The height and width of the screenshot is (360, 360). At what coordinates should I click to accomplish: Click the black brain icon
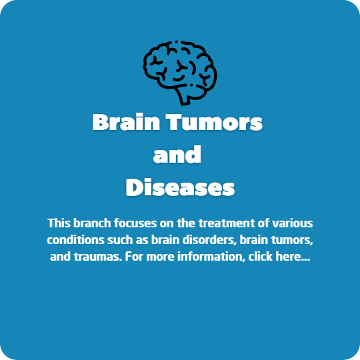coord(180,73)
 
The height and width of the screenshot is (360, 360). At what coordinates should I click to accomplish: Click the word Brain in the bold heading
coord(126,122)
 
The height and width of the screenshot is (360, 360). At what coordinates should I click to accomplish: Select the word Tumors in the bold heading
coord(214,123)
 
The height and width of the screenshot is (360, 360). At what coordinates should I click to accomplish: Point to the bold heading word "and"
coord(177,154)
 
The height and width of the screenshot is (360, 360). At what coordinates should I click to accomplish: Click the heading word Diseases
coord(180,187)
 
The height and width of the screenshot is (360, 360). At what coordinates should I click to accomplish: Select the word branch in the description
coord(92,223)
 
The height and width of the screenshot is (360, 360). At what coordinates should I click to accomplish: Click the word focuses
coord(135,223)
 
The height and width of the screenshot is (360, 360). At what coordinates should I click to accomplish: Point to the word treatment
coord(227,223)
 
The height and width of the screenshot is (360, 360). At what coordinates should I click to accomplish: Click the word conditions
coord(75,240)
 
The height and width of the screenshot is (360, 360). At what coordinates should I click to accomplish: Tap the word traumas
coord(98,257)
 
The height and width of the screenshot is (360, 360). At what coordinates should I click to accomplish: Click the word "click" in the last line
coord(261,257)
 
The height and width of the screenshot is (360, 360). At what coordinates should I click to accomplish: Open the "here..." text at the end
coord(293,257)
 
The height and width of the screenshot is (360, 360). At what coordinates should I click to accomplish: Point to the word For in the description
coord(134,257)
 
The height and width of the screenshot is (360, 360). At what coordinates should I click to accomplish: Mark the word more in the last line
coord(160,257)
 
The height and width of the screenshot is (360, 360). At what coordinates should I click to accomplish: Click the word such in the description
coord(120,240)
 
